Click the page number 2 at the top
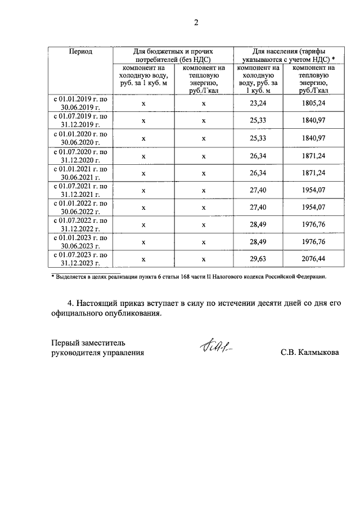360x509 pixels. (196, 23)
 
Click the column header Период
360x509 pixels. (80, 51)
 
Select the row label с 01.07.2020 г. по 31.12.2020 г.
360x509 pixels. (80, 155)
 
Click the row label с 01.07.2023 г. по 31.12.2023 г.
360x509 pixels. (80, 259)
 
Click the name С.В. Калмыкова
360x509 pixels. (310, 353)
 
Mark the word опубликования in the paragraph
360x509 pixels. (133, 314)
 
